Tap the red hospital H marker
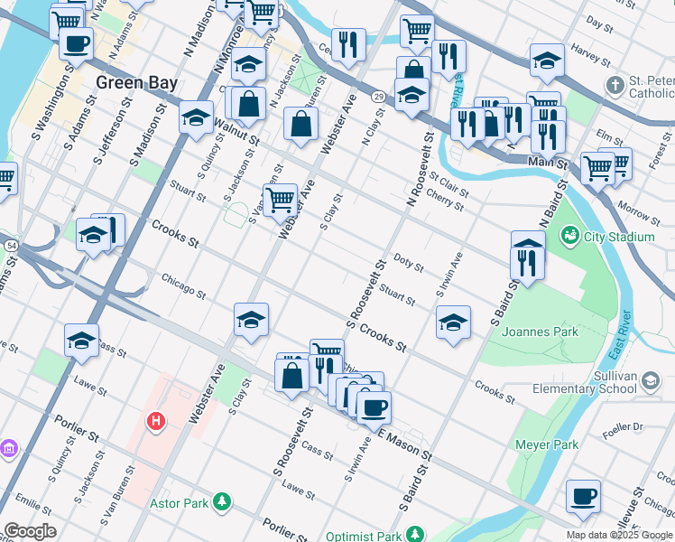[157, 421]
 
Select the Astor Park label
[187, 501]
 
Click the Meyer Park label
[546, 444]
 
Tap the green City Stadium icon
[569, 237]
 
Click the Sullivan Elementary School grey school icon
[648, 381]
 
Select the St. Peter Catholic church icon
[615, 87]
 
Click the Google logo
[30, 531]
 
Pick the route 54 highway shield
[10, 245]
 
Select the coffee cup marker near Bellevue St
[583, 497]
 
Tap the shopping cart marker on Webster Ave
[280, 199]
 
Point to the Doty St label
[409, 263]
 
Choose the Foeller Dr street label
[624, 425]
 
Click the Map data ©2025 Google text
[619, 535]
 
